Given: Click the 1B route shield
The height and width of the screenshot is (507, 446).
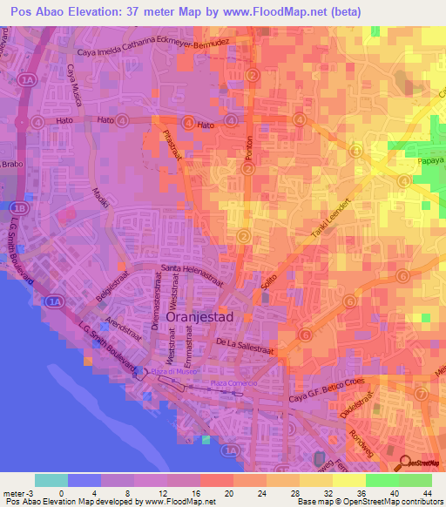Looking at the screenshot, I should [18, 207].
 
